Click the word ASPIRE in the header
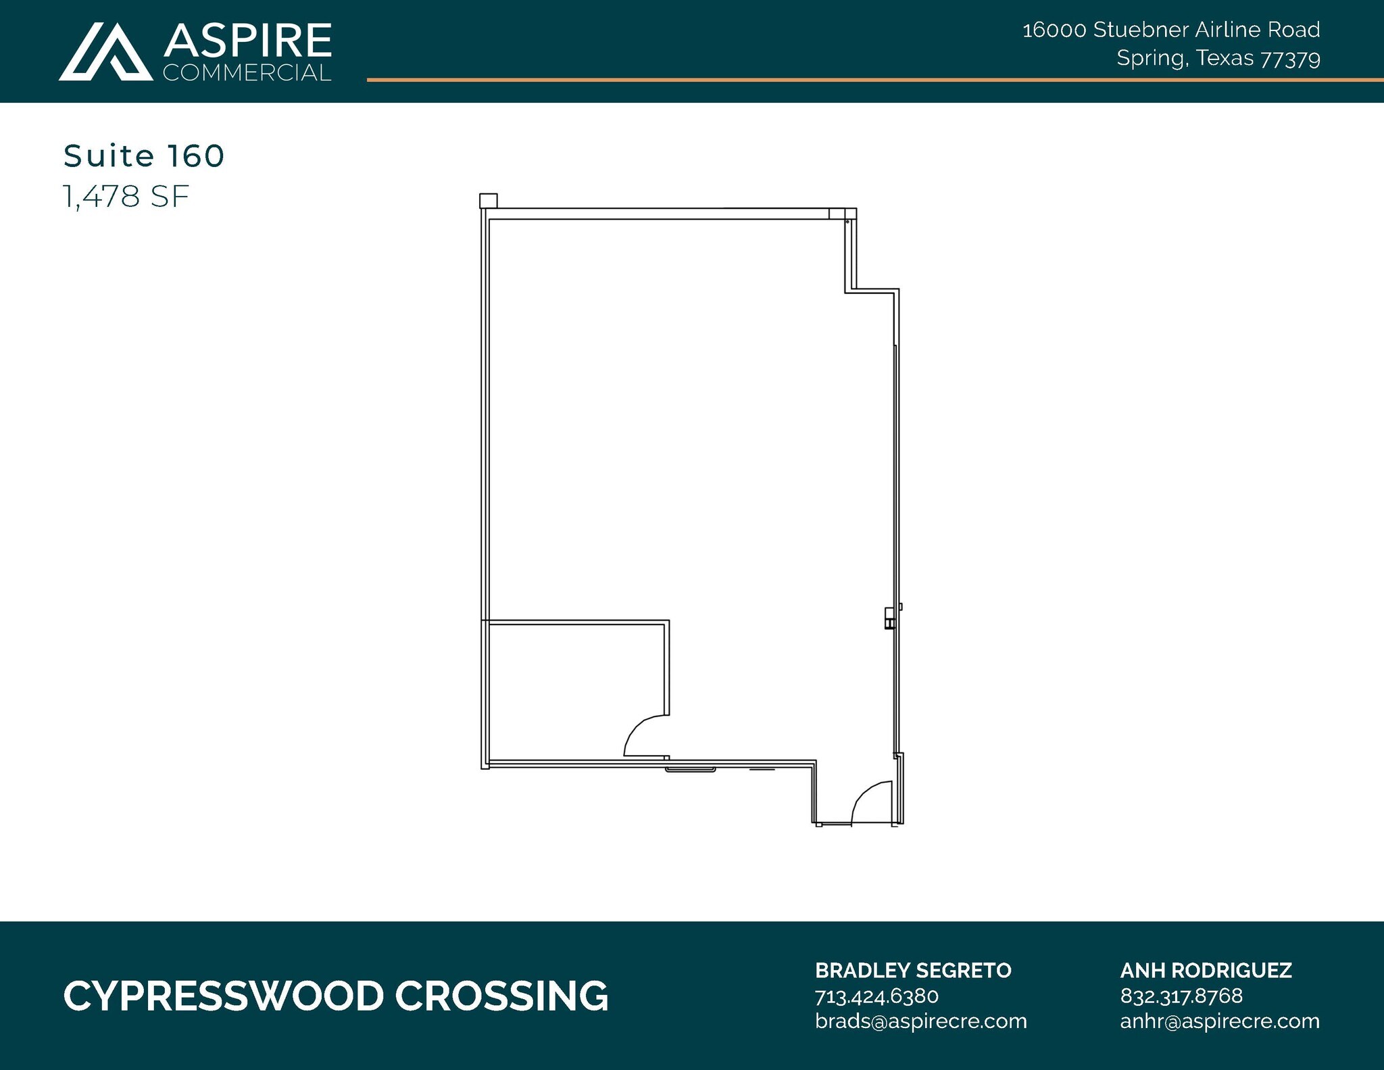pyautogui.click(x=247, y=41)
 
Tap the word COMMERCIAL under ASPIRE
pyautogui.click(x=247, y=73)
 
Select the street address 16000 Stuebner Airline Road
pyautogui.click(x=1170, y=30)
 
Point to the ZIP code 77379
pyautogui.click(x=1290, y=59)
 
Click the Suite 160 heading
pyautogui.click(x=144, y=156)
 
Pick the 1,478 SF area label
pyautogui.click(x=126, y=197)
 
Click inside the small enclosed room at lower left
pyautogui.click(x=574, y=689)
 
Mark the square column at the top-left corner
pyautogui.click(x=488, y=201)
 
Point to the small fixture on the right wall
pyautogui.click(x=890, y=618)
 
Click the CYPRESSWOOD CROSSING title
pyautogui.click(x=336, y=996)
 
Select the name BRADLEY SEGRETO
pyautogui.click(x=913, y=971)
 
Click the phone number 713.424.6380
pyautogui.click(x=876, y=996)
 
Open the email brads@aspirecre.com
pyautogui.click(x=920, y=1021)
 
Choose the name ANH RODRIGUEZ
pyautogui.click(x=1206, y=971)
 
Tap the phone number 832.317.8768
pyautogui.click(x=1181, y=996)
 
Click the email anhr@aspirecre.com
pyautogui.click(x=1220, y=1021)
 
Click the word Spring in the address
pyautogui.click(x=1151, y=59)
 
